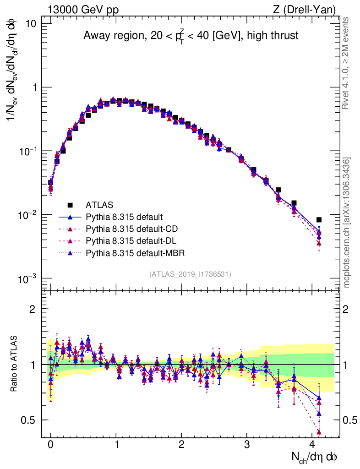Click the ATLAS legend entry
(x=100, y=205)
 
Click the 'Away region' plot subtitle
(x=191, y=36)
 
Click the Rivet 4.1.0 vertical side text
(x=347, y=63)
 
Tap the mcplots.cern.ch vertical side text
(x=347, y=222)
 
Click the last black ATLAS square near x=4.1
(x=319, y=220)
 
